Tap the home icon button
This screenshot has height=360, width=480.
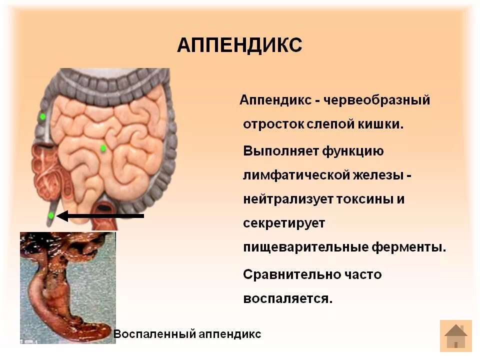455,336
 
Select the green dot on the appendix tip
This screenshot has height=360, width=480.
51,215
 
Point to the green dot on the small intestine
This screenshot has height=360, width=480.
103,148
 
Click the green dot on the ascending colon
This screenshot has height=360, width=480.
42,116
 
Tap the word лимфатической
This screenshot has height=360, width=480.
305,175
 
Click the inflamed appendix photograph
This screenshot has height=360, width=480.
68,287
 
